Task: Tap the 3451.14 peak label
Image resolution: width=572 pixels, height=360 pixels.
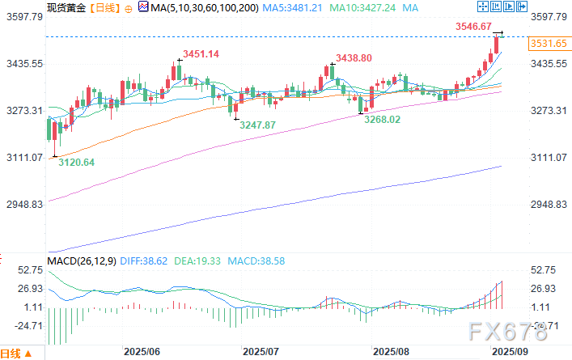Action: pos(201,53)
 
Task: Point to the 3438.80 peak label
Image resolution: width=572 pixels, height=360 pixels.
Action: pos(354,58)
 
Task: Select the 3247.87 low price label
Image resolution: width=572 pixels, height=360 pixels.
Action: pos(256,125)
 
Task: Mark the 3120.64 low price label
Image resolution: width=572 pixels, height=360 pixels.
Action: pos(77,163)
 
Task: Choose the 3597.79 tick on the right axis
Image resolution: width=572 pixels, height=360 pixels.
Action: pos(549,16)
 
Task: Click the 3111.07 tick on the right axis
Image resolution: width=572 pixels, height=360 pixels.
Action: pos(549,158)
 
